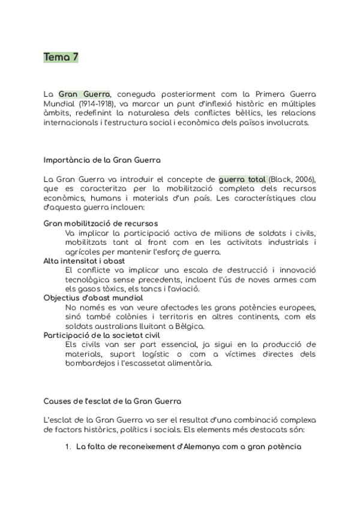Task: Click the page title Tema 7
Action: [61, 58]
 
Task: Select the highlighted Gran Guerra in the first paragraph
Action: [84, 94]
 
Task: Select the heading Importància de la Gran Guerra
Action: [102, 160]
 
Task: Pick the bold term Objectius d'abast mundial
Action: [93, 298]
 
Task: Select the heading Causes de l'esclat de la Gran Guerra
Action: [113, 400]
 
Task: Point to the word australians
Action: [113, 326]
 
